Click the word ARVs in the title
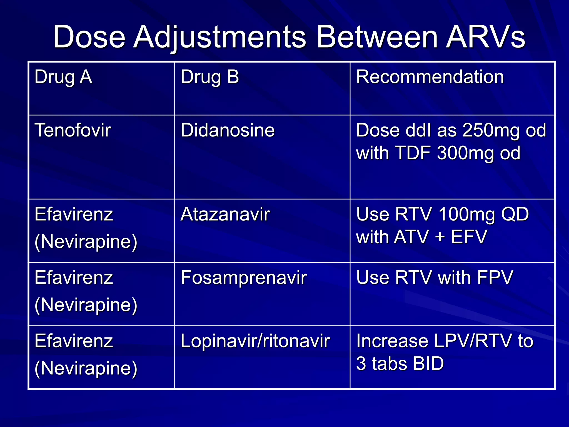tap(485, 37)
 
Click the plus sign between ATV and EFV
tap(440, 237)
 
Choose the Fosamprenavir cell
tap(243, 278)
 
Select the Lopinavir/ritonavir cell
tap(255, 341)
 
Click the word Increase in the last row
tap(392, 341)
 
